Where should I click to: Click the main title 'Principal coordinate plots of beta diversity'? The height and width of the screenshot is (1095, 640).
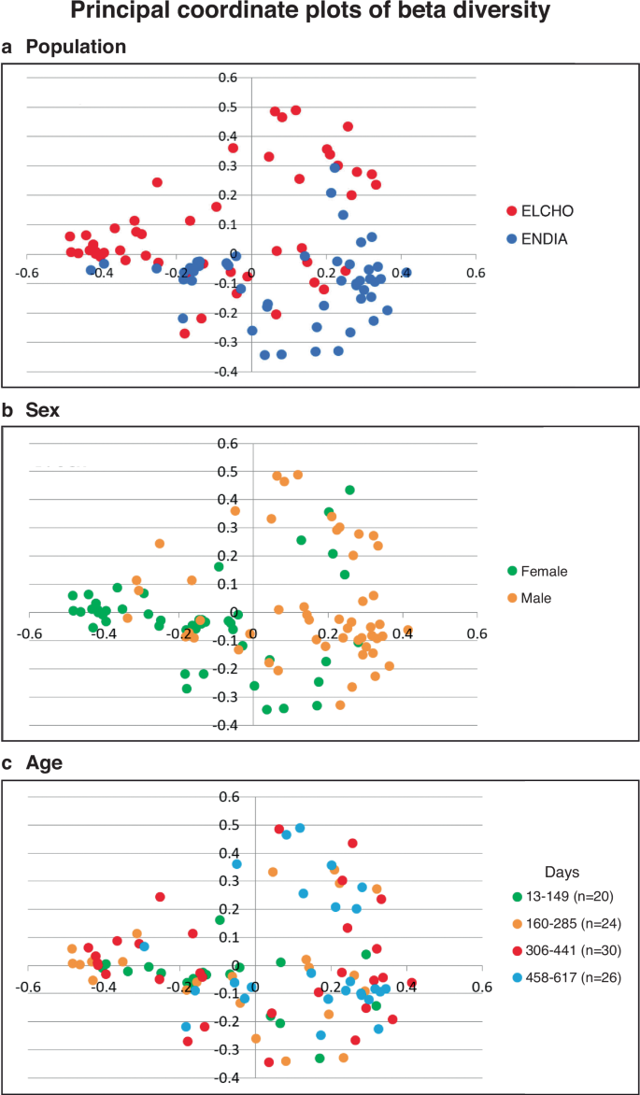tap(320, 15)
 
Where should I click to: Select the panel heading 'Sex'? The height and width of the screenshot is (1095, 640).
tap(42, 409)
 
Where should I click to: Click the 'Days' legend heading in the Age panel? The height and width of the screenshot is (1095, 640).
tap(564, 872)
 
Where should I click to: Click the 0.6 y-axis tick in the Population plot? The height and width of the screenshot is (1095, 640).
tap(228, 78)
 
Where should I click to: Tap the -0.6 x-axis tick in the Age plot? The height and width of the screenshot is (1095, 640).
tap(31, 987)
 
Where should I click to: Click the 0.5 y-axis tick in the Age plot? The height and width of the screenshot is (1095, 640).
tap(229, 826)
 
